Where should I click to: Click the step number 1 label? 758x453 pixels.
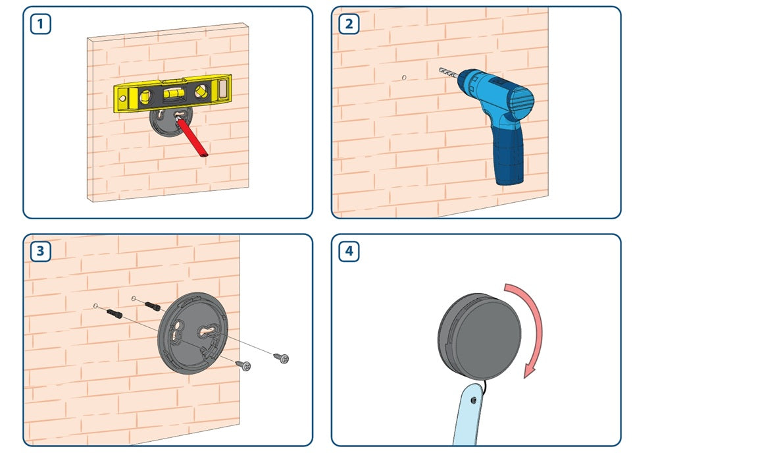[41, 24]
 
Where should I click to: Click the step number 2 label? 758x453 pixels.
[349, 24]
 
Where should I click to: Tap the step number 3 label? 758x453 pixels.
[41, 251]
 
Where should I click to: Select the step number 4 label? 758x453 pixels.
[349, 251]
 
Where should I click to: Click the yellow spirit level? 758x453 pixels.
[172, 93]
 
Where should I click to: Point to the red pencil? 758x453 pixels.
[191, 137]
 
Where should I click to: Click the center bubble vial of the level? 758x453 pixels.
[172, 93]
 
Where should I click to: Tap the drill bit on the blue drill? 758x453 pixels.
[448, 74]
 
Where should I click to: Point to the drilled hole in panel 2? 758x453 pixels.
[404, 78]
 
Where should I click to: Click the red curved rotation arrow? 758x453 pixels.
[528, 329]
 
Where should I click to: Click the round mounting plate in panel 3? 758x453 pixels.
[193, 333]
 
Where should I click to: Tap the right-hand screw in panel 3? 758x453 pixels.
[282, 358]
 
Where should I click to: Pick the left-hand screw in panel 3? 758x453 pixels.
[243, 365]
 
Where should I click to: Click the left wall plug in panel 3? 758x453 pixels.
[114, 313]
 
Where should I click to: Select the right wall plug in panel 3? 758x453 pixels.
[152, 306]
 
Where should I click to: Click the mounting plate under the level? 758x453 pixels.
[171, 122]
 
